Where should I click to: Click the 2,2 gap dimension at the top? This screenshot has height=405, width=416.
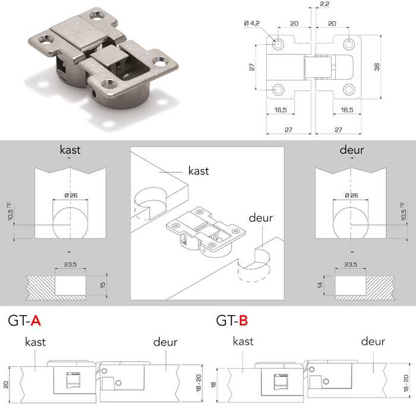point(324,5)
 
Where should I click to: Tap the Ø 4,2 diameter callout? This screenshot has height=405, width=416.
point(252,23)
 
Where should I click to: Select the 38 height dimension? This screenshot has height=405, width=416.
point(377,67)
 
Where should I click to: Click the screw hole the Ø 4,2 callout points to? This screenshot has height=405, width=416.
point(278,44)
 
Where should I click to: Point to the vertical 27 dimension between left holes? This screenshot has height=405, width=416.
point(253,67)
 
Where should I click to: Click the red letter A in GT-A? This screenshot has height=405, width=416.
point(36,321)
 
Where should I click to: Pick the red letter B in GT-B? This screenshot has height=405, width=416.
point(242,321)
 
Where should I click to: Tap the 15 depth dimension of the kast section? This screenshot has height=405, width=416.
point(102,286)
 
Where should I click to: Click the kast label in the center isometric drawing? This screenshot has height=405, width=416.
point(198,171)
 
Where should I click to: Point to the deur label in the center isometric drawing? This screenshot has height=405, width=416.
point(261,218)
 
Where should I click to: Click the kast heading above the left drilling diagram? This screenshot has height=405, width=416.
point(70,150)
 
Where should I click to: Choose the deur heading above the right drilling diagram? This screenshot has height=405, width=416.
point(352,150)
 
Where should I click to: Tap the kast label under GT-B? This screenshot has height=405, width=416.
point(243,341)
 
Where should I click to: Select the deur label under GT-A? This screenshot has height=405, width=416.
point(165,342)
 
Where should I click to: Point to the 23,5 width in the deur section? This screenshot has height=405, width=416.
point(351,264)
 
